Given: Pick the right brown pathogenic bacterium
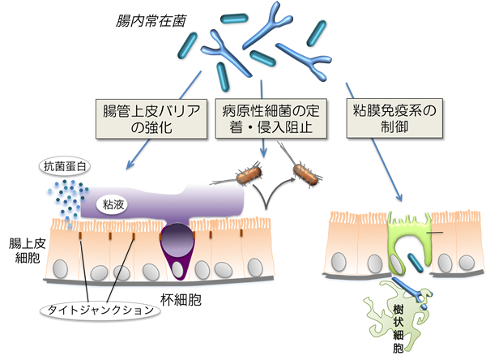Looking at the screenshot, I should click(x=305, y=176).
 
